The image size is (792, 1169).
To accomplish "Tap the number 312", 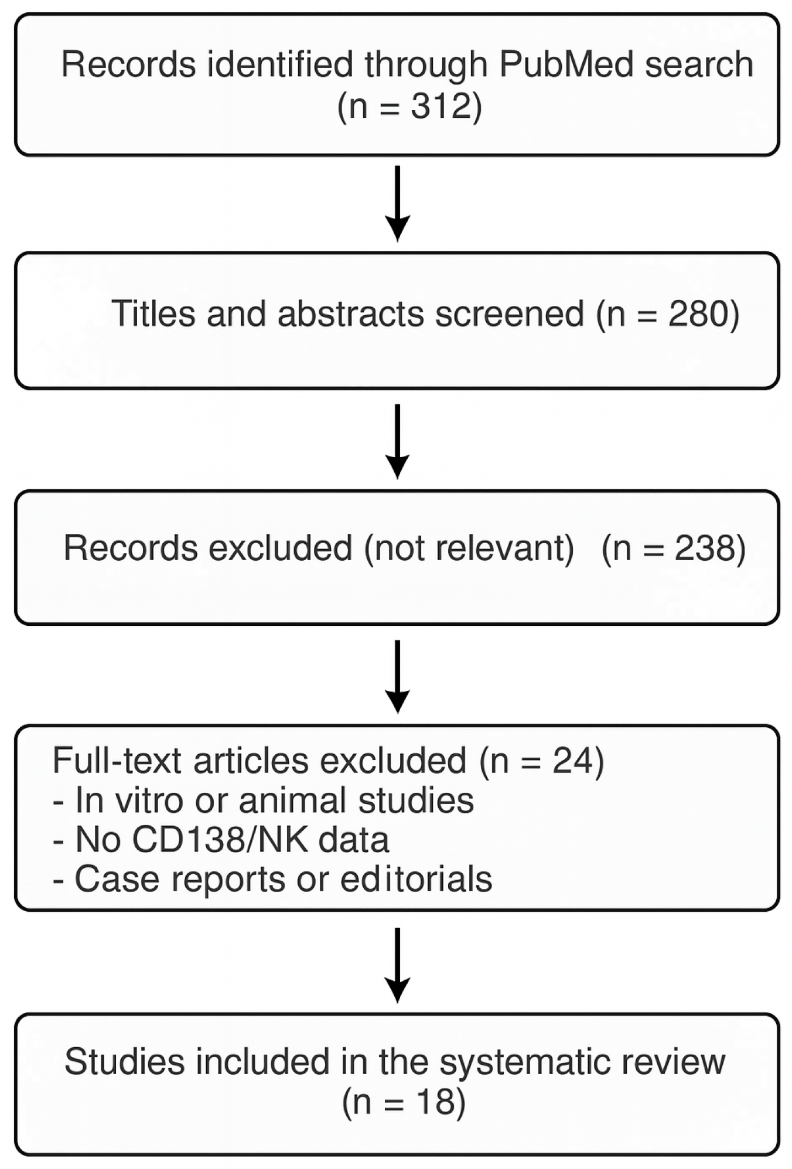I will click(x=441, y=106).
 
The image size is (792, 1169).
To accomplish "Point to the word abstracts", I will click(x=350, y=313).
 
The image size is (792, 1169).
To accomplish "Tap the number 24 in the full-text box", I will click(x=572, y=761).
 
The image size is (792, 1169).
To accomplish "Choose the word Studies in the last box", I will click(x=124, y=1062).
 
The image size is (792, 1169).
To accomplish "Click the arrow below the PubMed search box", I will click(x=397, y=203).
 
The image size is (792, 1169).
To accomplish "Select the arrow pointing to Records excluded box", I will click(x=397, y=441).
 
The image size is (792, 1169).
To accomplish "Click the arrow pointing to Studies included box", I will click(x=397, y=964).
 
